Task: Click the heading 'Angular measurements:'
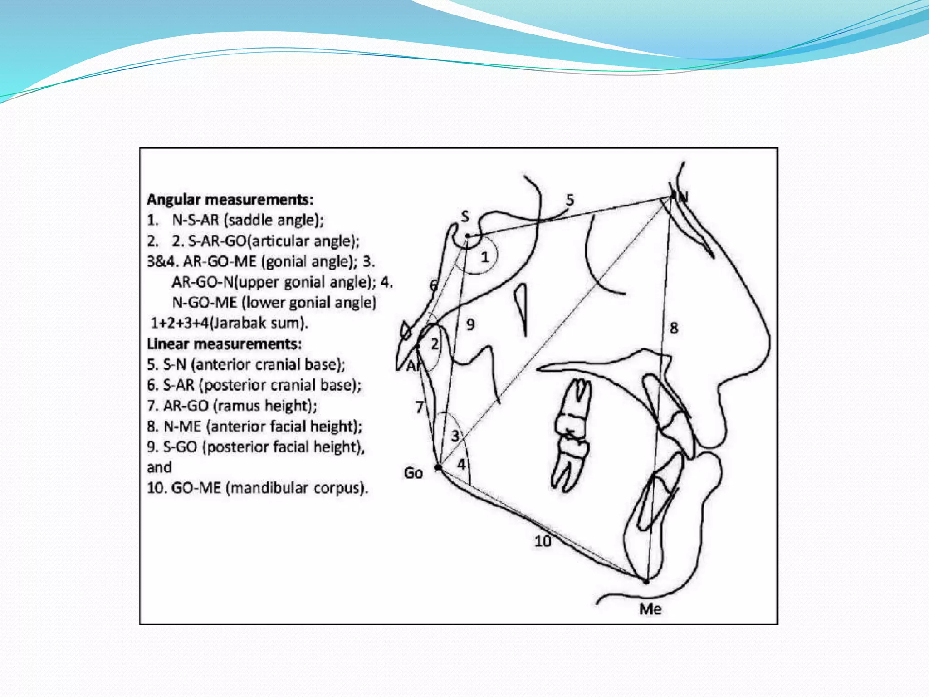(230, 200)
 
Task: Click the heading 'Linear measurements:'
(224, 344)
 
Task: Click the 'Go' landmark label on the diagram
(413, 473)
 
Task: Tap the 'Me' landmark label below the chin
(650, 609)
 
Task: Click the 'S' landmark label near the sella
(465, 216)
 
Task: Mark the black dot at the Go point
(438, 467)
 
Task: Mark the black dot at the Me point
(646, 581)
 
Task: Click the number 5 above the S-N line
(570, 200)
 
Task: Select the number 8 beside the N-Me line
(674, 328)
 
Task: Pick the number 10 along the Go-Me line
(543, 541)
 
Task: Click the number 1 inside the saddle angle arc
(485, 257)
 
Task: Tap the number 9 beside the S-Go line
(470, 324)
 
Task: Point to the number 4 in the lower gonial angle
(461, 465)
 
